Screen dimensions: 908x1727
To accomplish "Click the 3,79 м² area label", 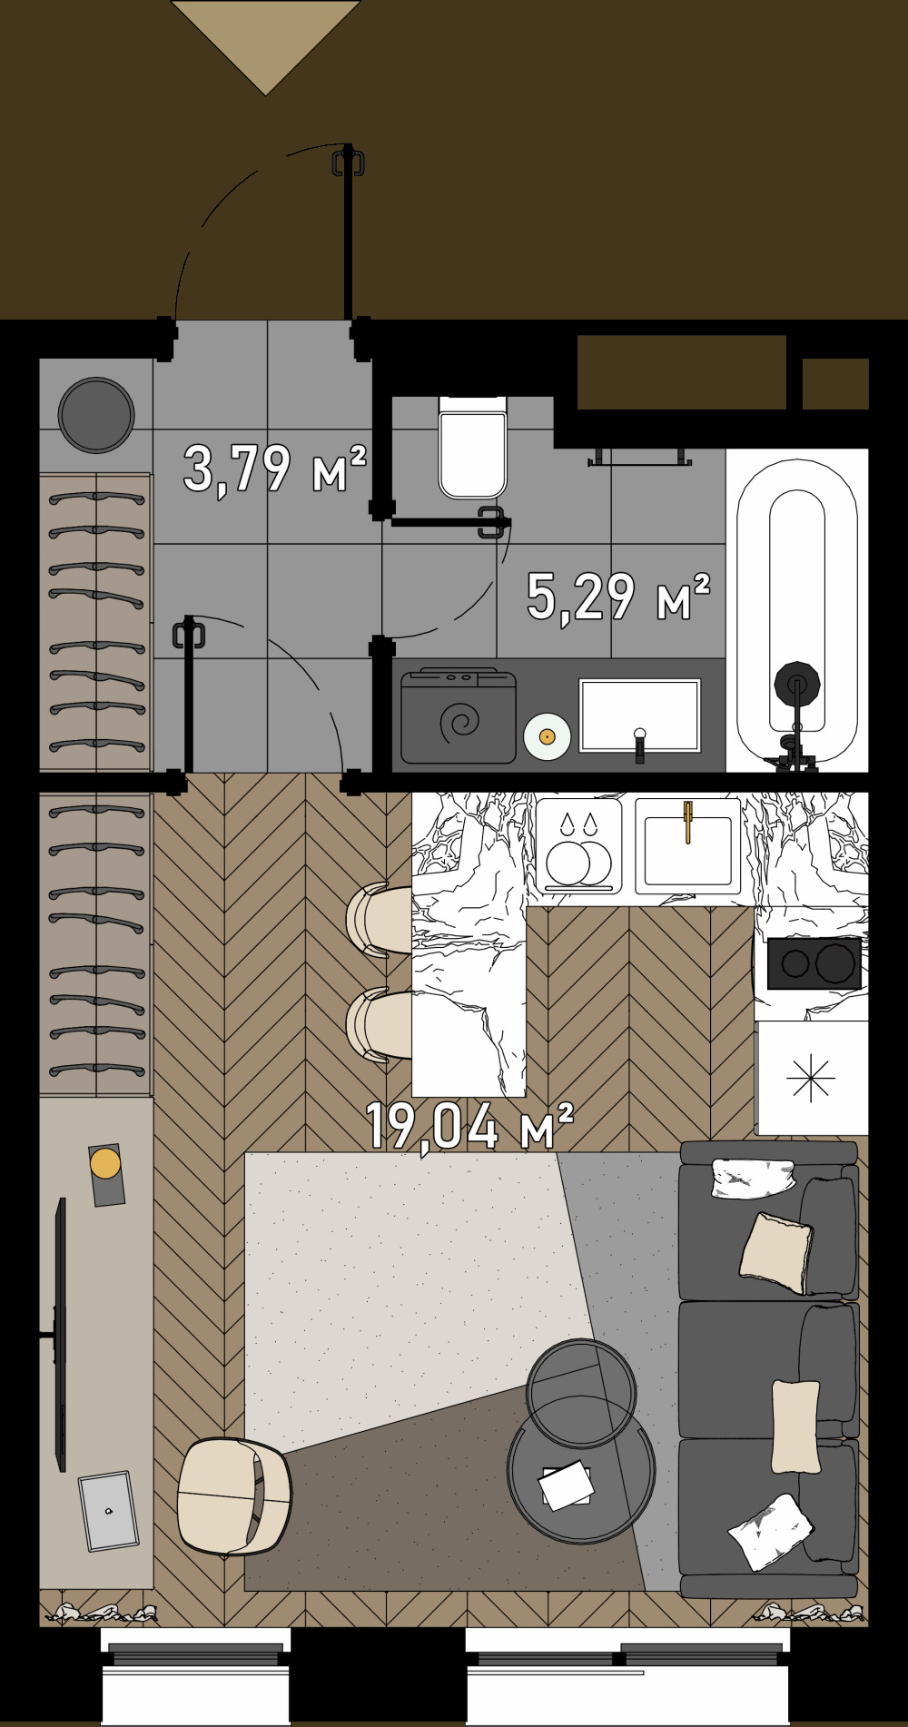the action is click(275, 469).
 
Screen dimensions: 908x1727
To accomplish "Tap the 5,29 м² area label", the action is click(618, 597).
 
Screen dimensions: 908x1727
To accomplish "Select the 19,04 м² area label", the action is click(469, 1127).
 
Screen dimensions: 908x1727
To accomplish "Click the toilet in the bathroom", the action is click(472, 447).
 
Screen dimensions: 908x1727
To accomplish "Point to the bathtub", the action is click(797, 609).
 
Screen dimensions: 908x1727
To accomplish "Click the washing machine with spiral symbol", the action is click(459, 716).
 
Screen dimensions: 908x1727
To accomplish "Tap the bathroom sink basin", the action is click(640, 715).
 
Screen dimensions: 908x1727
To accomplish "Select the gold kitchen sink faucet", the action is click(688, 820).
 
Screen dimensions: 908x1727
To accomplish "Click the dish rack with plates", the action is click(578, 845).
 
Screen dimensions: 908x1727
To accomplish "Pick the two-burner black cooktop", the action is click(814, 962).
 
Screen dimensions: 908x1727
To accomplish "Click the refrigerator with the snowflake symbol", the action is click(811, 1078).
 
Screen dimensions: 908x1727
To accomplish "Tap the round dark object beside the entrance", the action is click(96, 415).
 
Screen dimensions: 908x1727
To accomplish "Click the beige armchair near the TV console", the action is click(233, 1496).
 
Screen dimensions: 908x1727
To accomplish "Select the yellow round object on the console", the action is click(105, 1163).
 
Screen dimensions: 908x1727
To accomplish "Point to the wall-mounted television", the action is click(60, 1334).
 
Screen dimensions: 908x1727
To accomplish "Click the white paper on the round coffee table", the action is click(567, 1485).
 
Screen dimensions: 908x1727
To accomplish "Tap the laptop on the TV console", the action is click(108, 1511).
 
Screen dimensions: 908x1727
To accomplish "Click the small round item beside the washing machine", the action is click(547, 736).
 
